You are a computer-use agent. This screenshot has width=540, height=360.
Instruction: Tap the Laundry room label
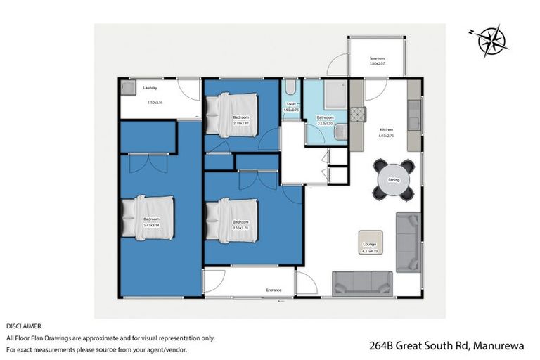pos(150,89)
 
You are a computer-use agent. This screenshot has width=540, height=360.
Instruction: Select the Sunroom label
pos(378,58)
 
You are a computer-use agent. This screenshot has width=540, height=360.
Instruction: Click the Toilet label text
pos(291,104)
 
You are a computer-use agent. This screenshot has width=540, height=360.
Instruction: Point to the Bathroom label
pos(325,117)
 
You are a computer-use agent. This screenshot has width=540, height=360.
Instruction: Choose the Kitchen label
pos(387,130)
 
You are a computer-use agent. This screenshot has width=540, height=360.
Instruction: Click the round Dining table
pos(393,181)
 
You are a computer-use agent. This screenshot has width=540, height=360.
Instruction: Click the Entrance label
pos(274,290)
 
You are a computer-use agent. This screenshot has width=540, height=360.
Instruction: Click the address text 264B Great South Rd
pos(419,346)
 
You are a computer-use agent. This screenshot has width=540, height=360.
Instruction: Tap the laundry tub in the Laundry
pos(129,88)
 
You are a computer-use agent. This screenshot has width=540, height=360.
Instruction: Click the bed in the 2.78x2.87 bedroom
pos(233,113)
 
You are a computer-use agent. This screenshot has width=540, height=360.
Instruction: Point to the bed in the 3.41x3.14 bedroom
pos(148,217)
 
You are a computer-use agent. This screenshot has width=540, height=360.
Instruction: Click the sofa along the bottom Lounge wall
pos(363,282)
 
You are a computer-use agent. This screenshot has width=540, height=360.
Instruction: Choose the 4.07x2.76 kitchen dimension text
pos(387,137)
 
